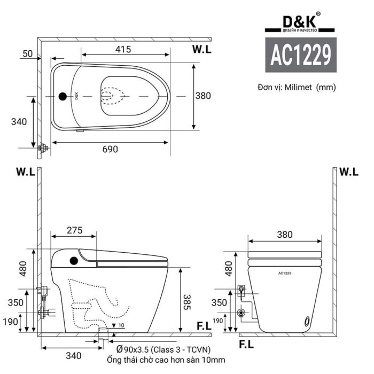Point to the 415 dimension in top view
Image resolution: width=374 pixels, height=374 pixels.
pos(123,50)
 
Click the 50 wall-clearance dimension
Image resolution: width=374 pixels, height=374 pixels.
pos(28,53)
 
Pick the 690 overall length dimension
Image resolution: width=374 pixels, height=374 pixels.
pos(110,149)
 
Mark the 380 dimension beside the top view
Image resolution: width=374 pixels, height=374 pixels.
pos(203,96)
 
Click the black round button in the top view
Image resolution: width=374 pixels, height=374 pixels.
pos(63,97)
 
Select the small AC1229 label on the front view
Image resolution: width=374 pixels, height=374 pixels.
pos(285,273)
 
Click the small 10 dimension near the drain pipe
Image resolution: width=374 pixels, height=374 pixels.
pos(122,325)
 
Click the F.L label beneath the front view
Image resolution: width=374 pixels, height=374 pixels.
pos(245,344)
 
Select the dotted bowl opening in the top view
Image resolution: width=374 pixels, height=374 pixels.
pos(113,97)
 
